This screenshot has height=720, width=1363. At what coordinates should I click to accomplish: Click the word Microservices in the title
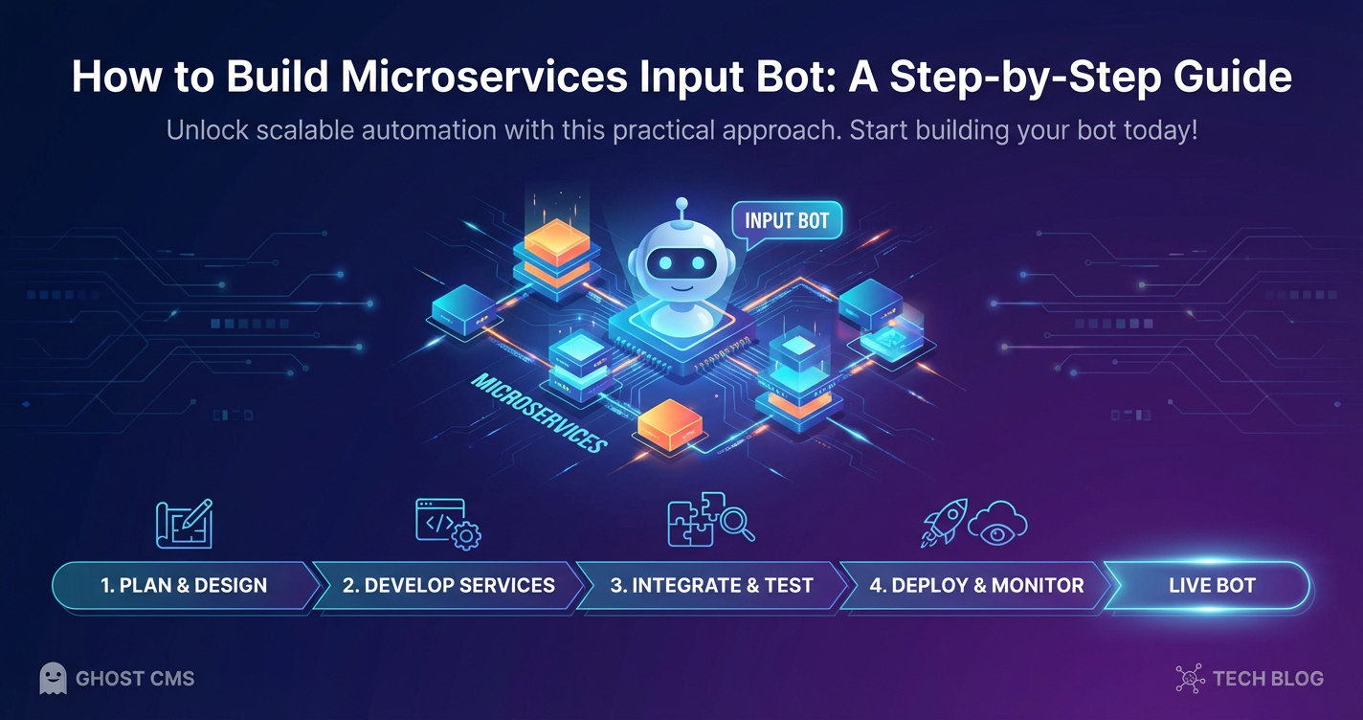pos(483,77)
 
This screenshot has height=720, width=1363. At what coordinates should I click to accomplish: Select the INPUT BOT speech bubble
pos(787,221)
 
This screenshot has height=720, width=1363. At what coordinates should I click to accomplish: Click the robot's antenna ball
pos(682,204)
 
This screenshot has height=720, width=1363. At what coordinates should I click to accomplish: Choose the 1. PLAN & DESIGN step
pos(185,586)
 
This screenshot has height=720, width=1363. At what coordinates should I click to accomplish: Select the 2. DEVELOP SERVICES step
pos(449,586)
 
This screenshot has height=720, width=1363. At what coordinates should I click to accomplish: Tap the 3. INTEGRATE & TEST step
pos(711,586)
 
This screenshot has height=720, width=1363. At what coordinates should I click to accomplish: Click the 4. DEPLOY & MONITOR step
pos(976,586)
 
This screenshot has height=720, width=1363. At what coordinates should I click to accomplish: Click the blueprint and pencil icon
pos(185,524)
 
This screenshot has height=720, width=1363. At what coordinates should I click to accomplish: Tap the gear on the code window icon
pos(466,536)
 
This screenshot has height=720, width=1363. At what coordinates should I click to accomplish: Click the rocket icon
pos(943,522)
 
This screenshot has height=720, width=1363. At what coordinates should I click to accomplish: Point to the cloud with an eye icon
pos(997,524)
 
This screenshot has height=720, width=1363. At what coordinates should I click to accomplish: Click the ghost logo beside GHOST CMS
pos(53,679)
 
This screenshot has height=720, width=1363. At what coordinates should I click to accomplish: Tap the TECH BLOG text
pos(1268,679)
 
